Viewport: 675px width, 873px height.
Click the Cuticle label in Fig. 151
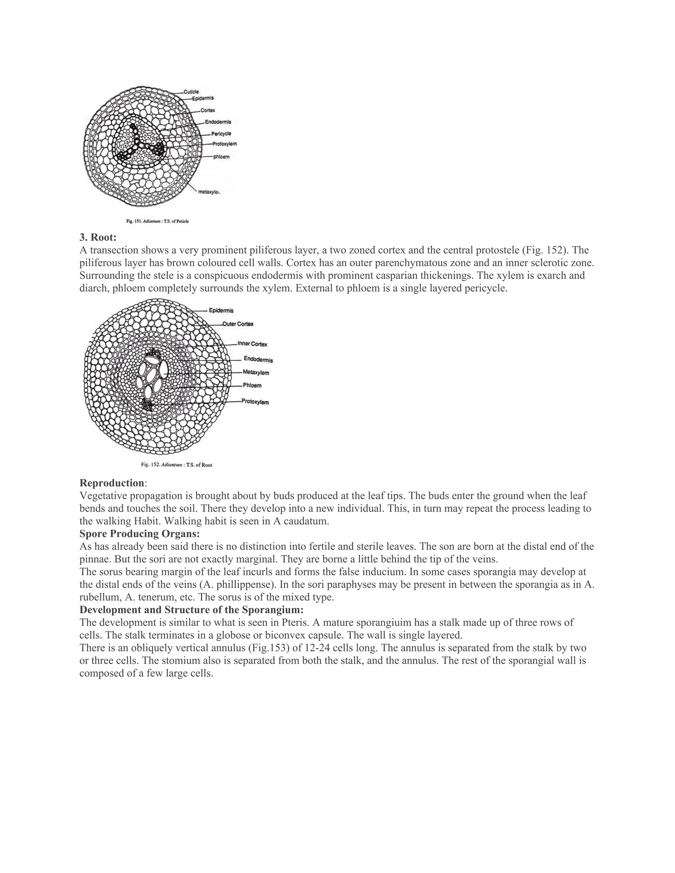191,92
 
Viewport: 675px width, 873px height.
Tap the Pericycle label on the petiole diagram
221,134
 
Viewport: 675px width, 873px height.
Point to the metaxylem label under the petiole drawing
209,192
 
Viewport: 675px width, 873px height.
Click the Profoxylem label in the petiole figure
224,144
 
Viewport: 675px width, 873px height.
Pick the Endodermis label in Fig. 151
218,122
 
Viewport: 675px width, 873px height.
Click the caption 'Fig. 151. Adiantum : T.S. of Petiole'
158,221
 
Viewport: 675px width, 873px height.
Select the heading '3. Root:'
98,238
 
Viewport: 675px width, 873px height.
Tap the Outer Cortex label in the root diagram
238,324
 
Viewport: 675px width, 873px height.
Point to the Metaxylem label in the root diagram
256,373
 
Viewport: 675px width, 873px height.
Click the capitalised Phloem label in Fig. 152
252,386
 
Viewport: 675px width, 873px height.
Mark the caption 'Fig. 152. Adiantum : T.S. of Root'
176,465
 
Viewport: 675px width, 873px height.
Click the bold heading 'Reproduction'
112,483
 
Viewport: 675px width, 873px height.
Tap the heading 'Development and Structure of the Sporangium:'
191,610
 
